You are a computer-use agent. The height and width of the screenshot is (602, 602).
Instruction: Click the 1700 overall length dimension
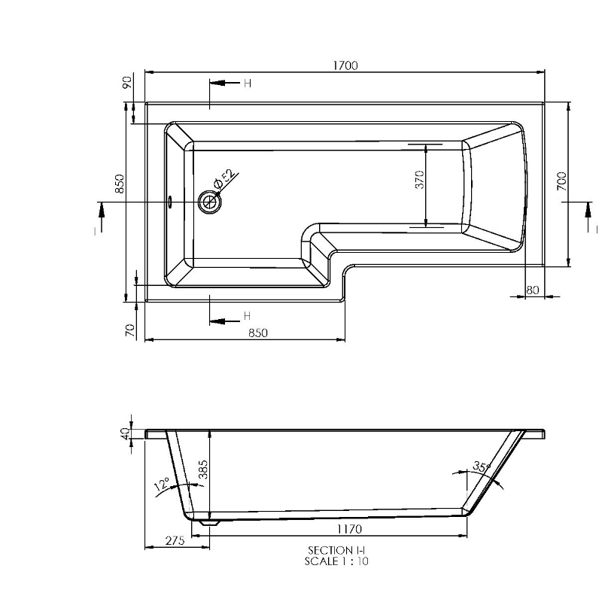[345, 65]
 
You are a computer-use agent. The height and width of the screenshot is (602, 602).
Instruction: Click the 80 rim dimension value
[534, 289]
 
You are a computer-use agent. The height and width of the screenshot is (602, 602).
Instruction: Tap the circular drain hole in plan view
[209, 202]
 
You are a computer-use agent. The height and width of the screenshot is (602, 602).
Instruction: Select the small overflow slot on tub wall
[171, 202]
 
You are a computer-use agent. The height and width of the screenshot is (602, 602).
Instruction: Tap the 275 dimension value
[176, 541]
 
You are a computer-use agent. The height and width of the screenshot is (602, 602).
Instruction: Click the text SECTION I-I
[336, 551]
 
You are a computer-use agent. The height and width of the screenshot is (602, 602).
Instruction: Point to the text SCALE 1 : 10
[336, 561]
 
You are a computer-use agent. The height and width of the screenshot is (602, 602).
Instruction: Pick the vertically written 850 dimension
[118, 185]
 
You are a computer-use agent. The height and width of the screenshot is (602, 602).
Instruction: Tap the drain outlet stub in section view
[210, 520]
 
